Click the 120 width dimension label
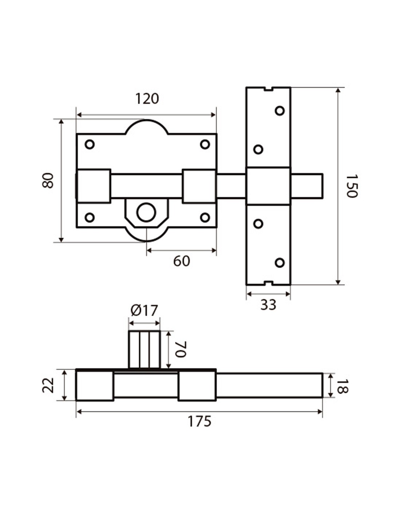[x=147, y=99]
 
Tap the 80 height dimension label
[x=48, y=180]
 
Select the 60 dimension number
[x=181, y=261]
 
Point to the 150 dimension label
[x=352, y=186]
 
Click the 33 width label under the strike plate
[x=268, y=305]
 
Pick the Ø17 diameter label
[x=144, y=311]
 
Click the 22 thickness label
[x=48, y=385]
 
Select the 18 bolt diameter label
[x=342, y=386]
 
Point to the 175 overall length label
[x=199, y=421]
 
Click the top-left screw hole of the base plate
[x=89, y=144]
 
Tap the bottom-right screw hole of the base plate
[x=205, y=218]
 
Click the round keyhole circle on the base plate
[x=146, y=212]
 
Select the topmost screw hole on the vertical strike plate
[x=279, y=110]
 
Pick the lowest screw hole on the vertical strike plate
[x=279, y=262]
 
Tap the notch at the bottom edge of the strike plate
[x=268, y=283]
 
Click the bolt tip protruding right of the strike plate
[x=307, y=186]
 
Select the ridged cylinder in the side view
[x=144, y=350]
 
